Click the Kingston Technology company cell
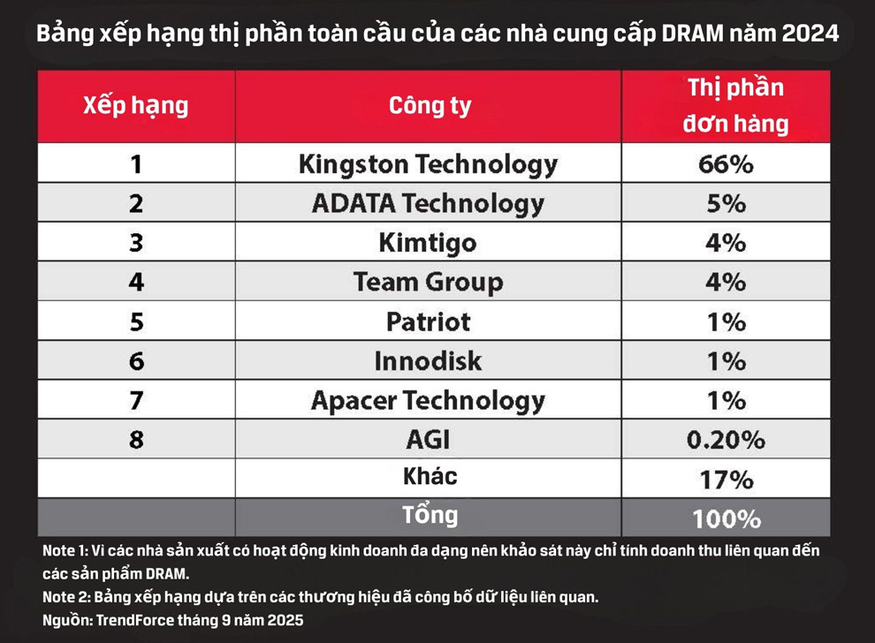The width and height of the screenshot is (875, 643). coord(429,164)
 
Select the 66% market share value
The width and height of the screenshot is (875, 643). coord(727,164)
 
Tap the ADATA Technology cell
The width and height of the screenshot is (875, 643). coord(429,203)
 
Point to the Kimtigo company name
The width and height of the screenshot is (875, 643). coord(429,243)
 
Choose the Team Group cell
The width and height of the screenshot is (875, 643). coord(429,283)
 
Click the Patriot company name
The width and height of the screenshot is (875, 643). coord(429,322)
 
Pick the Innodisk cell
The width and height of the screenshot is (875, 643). coord(429,361)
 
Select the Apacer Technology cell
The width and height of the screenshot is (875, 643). coord(429,400)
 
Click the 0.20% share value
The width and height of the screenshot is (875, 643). coord(727,439)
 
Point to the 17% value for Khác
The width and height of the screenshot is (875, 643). coord(727,479)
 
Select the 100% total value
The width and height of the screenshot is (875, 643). coord(727,518)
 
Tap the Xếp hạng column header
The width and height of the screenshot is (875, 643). coord(135,107)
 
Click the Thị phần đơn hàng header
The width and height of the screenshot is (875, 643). coord(727,106)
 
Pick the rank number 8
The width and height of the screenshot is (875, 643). coord(136,439)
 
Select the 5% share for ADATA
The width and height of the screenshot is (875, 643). coord(727,203)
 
